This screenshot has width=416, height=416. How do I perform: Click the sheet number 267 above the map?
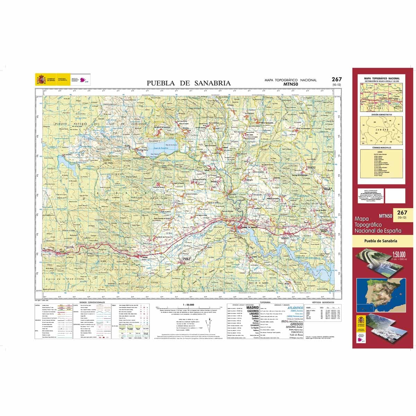[x=336, y=79]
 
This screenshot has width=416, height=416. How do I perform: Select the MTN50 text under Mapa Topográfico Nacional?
[x=291, y=84]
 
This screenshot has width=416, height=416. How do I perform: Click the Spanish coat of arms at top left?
[x=41, y=80]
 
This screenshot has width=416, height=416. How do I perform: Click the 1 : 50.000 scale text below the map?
[x=188, y=304]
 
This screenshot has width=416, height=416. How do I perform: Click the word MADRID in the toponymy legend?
[x=252, y=307]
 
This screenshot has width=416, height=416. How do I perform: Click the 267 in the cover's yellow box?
[x=402, y=213]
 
